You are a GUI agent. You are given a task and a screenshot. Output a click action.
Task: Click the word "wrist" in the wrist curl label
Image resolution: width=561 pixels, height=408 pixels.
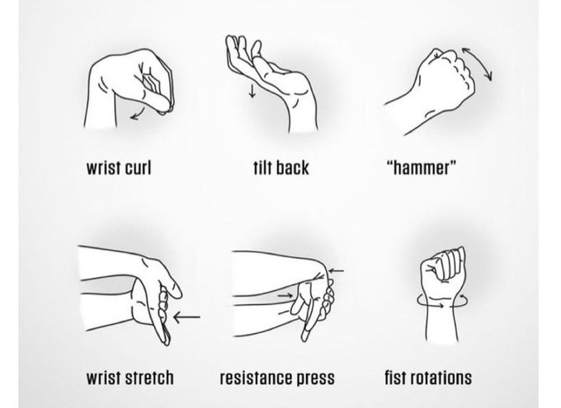(x=103, y=167)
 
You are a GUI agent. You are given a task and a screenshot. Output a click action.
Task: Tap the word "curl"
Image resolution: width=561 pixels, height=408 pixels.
(x=138, y=167)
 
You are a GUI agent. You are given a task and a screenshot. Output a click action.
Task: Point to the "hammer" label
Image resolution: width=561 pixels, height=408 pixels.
(x=422, y=167)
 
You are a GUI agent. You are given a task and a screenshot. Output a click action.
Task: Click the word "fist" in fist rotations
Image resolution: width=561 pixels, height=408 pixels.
(x=394, y=378)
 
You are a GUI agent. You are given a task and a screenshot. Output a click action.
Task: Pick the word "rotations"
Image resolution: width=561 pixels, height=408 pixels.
(x=440, y=378)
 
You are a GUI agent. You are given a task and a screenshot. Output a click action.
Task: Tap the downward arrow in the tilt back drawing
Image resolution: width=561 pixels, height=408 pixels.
(x=252, y=91)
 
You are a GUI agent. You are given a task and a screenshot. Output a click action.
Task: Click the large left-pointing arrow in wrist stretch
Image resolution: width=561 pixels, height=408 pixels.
(x=186, y=317)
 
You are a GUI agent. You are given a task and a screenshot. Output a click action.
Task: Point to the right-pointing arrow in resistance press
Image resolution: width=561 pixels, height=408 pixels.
(x=285, y=295)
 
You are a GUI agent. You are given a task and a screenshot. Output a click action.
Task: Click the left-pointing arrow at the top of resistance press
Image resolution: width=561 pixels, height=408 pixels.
(x=336, y=270)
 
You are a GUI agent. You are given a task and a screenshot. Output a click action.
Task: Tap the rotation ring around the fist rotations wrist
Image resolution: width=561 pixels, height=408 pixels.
(x=442, y=305)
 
